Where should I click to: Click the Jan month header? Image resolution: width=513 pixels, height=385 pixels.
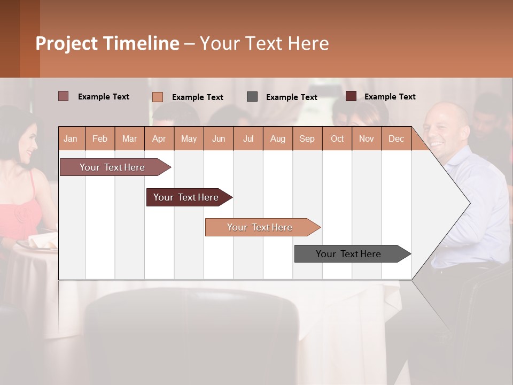(x=71, y=138)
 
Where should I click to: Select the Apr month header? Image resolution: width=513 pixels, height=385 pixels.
(x=159, y=138)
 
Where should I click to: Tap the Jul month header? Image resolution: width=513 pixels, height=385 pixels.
(x=248, y=138)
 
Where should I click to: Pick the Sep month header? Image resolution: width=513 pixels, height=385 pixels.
(x=307, y=138)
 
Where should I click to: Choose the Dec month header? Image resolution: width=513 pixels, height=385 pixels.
(x=396, y=138)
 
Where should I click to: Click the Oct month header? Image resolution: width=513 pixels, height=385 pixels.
(x=337, y=138)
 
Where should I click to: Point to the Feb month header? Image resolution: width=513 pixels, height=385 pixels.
(x=100, y=138)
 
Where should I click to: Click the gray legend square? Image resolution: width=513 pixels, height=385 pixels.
(x=252, y=97)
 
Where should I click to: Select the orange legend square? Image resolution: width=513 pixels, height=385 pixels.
(x=158, y=97)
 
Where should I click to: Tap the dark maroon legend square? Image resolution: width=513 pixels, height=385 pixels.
(x=351, y=96)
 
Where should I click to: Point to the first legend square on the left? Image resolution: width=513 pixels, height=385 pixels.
(x=64, y=96)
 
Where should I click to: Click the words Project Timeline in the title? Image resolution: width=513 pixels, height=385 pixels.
(x=107, y=43)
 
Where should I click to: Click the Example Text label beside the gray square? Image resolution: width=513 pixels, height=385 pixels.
(x=291, y=97)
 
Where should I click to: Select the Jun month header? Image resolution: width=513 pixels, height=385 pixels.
(x=219, y=138)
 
